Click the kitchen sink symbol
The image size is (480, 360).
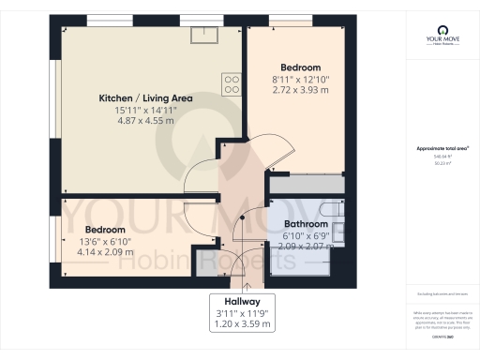click(x=202, y=35)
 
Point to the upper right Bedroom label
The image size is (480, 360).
click(x=301, y=67)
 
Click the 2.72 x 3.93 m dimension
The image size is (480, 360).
click(x=301, y=90)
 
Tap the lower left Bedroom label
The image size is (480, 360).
click(x=105, y=230)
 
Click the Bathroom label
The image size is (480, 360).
click(x=307, y=225)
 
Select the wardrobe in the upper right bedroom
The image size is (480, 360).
click(x=305, y=185)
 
